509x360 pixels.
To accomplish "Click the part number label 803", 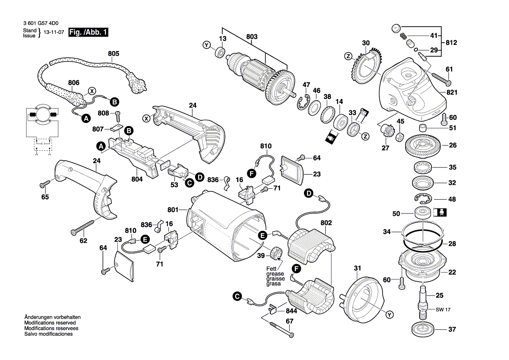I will tap(252, 37).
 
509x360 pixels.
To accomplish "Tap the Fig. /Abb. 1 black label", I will tap(88, 32).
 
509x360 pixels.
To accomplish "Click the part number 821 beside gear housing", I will tap(452, 93).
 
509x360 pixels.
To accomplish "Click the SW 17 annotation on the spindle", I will tap(443, 310).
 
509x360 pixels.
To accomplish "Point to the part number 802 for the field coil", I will tap(326, 223).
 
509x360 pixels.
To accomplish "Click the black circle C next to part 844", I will tap(237, 296).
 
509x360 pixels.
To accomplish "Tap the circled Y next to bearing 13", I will tap(206, 45).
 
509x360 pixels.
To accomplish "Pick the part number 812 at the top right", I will tap(452, 43).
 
